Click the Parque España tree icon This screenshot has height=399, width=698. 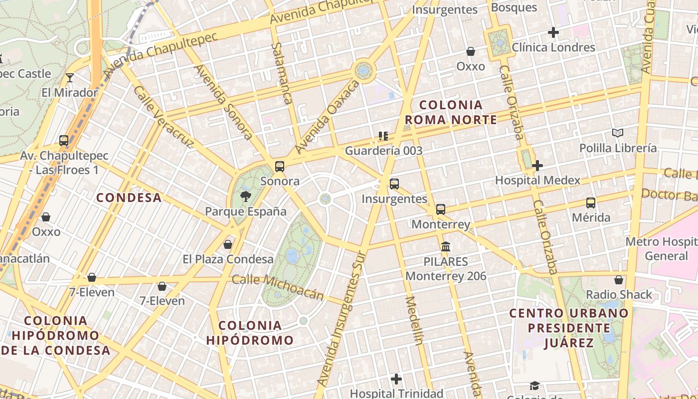(x=245, y=196)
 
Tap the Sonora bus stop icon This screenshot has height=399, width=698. (x=280, y=167)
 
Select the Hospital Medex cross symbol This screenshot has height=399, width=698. (x=537, y=166)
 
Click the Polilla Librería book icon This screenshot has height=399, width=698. (x=618, y=133)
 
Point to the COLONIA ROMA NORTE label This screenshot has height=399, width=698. (x=451, y=112)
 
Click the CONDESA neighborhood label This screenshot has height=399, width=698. (x=129, y=198)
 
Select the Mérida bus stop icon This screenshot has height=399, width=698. (x=591, y=203)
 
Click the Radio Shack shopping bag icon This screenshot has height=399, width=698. (x=619, y=280)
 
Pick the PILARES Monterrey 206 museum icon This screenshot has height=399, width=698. (x=446, y=247)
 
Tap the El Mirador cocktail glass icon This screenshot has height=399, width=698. (x=70, y=77)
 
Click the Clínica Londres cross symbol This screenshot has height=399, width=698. (x=553, y=32)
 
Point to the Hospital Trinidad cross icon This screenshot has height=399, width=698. (x=396, y=379)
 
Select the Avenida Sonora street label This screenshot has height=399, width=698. (x=224, y=102)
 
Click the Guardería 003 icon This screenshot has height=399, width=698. (x=383, y=136)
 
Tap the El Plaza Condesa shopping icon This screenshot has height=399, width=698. (x=228, y=244)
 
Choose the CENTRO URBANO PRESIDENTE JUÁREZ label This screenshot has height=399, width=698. (x=569, y=328)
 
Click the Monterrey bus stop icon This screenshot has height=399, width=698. (x=441, y=209)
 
